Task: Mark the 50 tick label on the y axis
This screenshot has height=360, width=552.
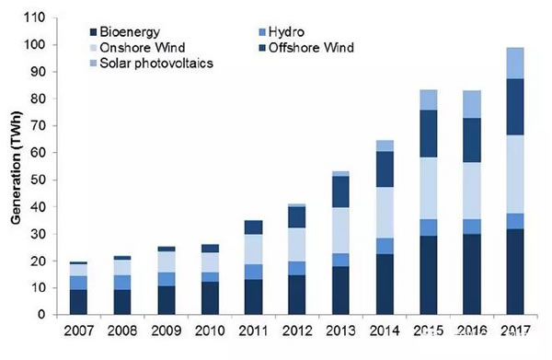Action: tap(38, 180)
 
